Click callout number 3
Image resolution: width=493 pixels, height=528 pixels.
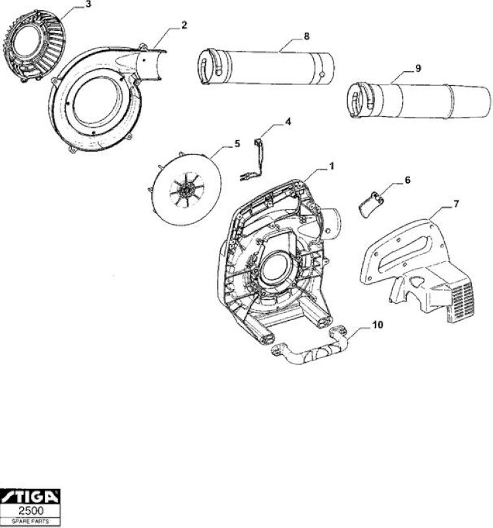click(x=88, y=5)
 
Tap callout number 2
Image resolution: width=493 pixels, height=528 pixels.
click(x=185, y=25)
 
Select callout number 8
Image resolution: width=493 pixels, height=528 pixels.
click(x=306, y=36)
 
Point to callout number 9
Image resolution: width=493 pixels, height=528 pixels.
click(x=418, y=69)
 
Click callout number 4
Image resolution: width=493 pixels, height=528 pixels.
click(x=288, y=122)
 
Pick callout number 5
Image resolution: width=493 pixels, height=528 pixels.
click(x=237, y=144)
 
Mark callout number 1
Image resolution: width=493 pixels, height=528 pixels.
click(x=332, y=166)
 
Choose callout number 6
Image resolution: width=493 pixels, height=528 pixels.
click(x=407, y=180)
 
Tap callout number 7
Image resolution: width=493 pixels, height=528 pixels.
click(x=456, y=204)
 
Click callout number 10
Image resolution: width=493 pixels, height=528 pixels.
click(x=378, y=325)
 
